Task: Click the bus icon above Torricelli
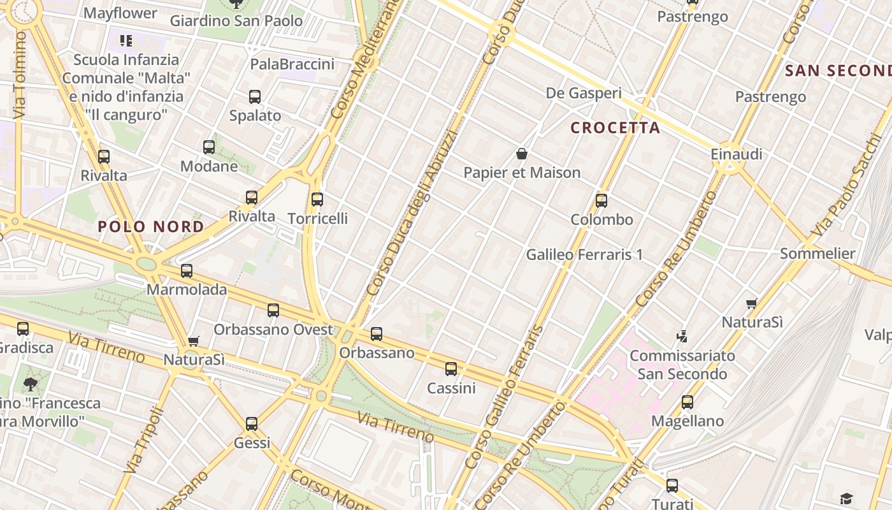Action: pyautogui.click(x=317, y=200)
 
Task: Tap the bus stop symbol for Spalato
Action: pyautogui.click(x=255, y=97)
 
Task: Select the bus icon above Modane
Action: pyautogui.click(x=209, y=147)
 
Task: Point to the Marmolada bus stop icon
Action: pyautogui.click(x=187, y=271)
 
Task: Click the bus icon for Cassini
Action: pyautogui.click(x=451, y=369)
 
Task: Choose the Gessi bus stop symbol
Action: pyautogui.click(x=252, y=424)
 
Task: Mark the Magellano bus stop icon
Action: pyautogui.click(x=687, y=402)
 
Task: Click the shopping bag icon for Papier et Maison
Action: pyautogui.click(x=522, y=154)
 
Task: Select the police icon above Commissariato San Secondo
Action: pyautogui.click(x=682, y=336)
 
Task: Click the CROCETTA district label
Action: pyautogui.click(x=615, y=127)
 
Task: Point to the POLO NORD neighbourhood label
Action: pyautogui.click(x=151, y=226)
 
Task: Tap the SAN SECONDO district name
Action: pyautogui.click(x=838, y=70)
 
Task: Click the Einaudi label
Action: pyautogui.click(x=737, y=154)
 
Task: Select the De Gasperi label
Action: pyautogui.click(x=584, y=93)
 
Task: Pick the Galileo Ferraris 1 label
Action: pyautogui.click(x=584, y=255)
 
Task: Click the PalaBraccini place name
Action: pyautogui.click(x=292, y=64)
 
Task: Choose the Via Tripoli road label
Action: pyautogui.click(x=145, y=439)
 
